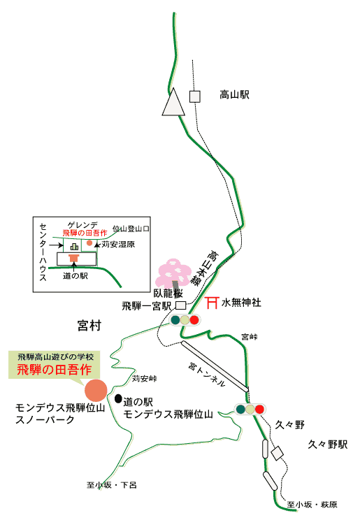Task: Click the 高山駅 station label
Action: click(234, 95)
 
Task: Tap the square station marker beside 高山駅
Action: click(195, 96)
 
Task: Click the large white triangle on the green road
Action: click(173, 102)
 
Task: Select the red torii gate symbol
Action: click(212, 303)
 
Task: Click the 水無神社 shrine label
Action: click(241, 303)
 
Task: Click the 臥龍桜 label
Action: click(168, 293)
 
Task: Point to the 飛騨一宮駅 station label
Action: click(147, 306)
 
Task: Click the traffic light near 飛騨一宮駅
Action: click(185, 319)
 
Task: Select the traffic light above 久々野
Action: click(250, 409)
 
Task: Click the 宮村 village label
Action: click(89, 325)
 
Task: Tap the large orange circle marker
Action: click(96, 390)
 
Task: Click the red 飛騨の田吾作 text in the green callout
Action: click(54, 370)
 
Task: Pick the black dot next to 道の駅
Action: click(118, 398)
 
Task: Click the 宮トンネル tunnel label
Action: click(206, 374)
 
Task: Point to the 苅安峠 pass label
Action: click(144, 378)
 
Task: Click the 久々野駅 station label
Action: click(328, 445)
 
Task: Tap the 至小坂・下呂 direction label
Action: click(112, 485)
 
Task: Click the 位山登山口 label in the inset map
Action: click(131, 229)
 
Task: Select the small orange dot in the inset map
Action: click(89, 243)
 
